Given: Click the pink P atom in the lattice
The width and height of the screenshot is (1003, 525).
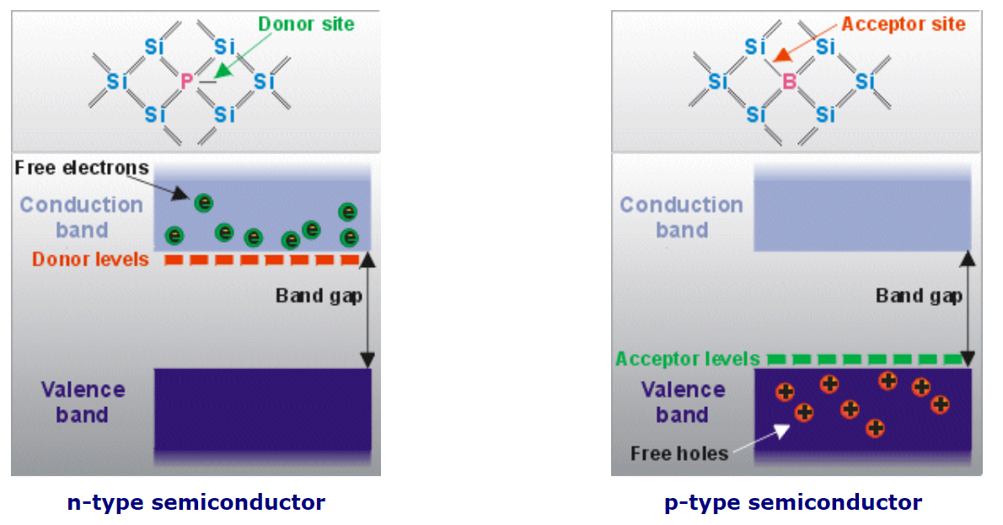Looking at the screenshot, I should click(x=187, y=82).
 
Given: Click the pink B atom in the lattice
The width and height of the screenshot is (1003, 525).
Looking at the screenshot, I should click(x=789, y=82).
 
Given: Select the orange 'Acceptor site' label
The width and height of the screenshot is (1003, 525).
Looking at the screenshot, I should click(x=904, y=24).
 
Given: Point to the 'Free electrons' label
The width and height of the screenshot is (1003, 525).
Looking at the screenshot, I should click(x=82, y=168).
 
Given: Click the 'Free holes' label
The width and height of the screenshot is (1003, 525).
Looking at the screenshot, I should click(x=679, y=453).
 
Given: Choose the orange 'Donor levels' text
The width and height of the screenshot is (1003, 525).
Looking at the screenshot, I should click(x=90, y=259).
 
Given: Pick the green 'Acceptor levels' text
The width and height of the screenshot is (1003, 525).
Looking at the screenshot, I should click(x=688, y=360).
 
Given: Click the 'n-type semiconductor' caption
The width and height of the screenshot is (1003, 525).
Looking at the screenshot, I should click(x=196, y=503).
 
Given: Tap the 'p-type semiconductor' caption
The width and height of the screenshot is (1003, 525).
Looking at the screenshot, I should click(x=793, y=503).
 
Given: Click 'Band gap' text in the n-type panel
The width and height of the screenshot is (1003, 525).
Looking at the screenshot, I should click(x=313, y=296).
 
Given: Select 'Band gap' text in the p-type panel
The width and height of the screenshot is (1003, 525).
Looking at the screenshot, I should click(x=919, y=296).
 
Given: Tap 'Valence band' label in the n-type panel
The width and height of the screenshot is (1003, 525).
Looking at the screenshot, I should click(x=83, y=402).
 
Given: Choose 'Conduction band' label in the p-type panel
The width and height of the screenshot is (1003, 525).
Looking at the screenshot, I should click(x=681, y=217).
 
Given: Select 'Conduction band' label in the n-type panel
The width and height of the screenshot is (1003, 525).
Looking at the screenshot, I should click(x=81, y=217).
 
